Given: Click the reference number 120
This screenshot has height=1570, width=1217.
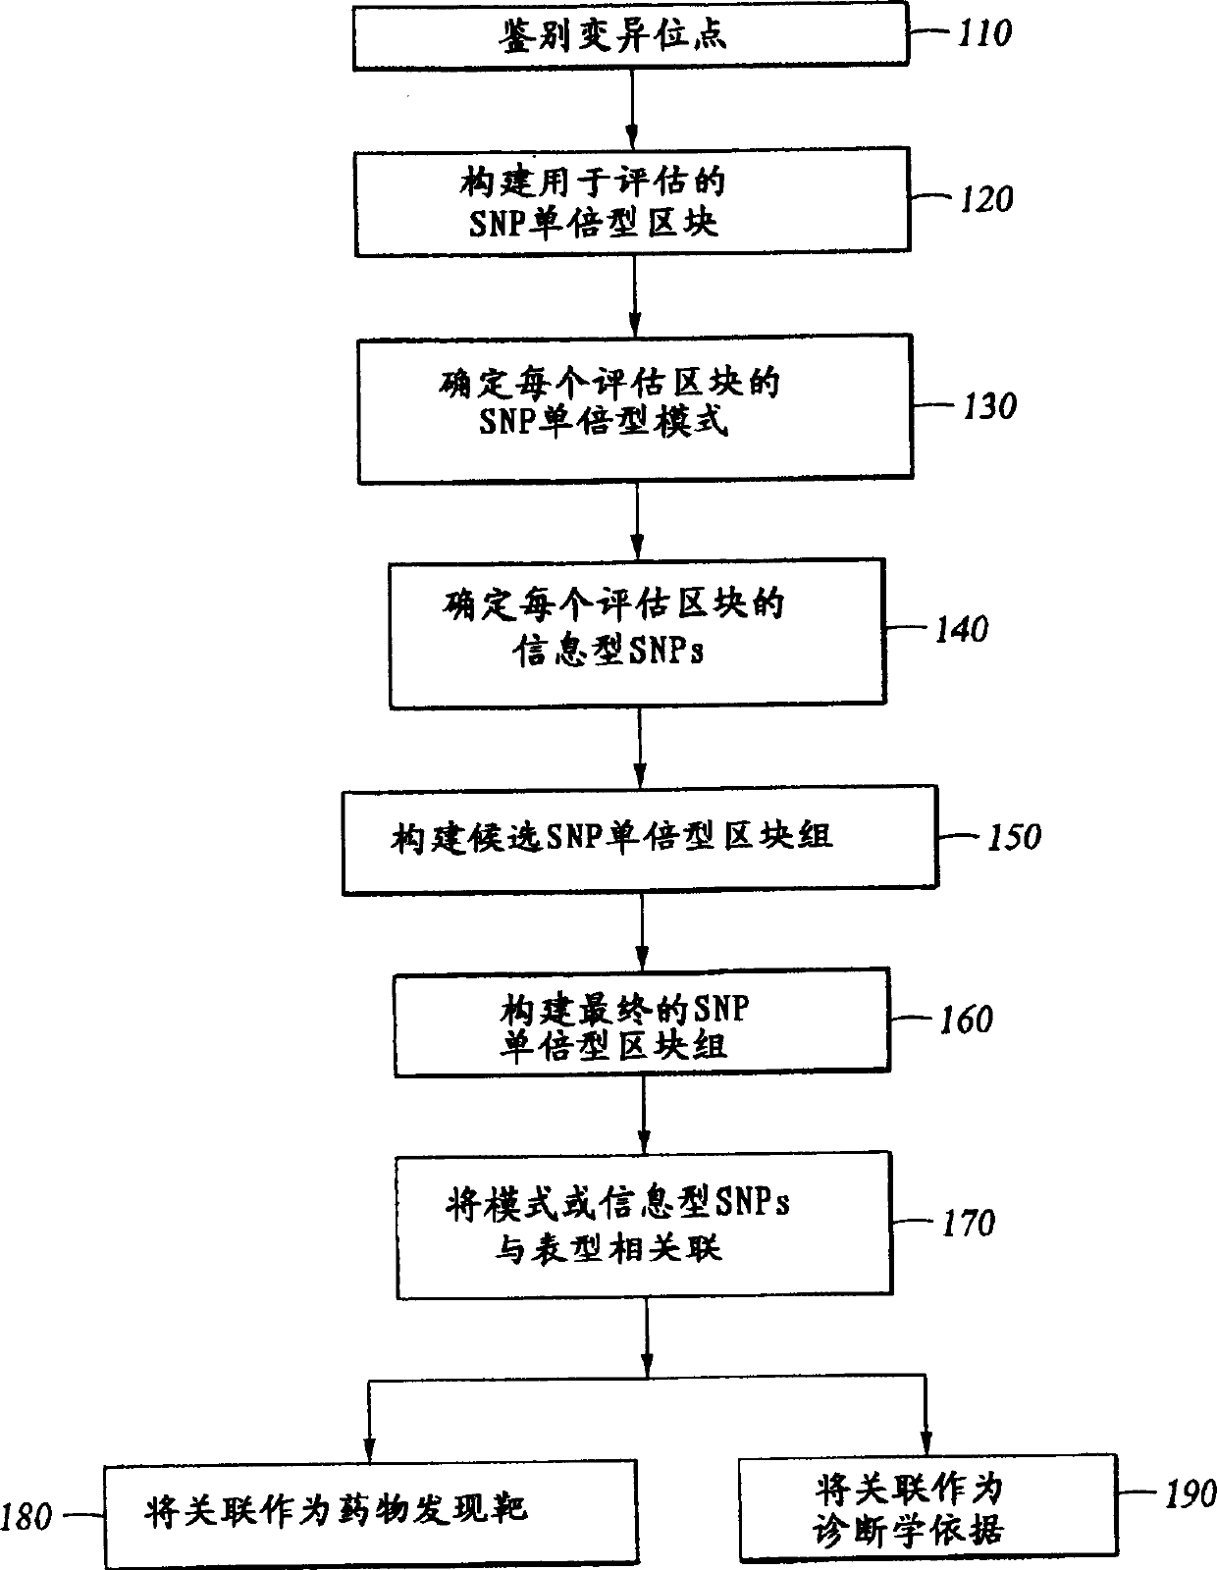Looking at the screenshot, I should [x=984, y=199].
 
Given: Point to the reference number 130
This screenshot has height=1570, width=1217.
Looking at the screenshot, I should [x=987, y=405].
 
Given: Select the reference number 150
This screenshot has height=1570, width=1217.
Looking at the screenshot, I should [x=1012, y=836].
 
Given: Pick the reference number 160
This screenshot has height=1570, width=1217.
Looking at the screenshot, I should [x=966, y=1020].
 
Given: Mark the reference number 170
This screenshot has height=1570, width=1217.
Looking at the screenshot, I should [x=968, y=1223].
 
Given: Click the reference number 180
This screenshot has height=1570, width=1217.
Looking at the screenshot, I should [x=26, y=1517].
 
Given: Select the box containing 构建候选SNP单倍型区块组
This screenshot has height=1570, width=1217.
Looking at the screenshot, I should [x=639, y=842].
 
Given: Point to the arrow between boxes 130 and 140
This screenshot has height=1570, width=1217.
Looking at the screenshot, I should [x=637, y=521].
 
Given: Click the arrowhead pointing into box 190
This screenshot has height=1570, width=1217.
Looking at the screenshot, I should [x=926, y=1442].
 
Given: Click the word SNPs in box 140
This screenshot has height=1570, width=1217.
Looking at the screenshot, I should [x=662, y=651].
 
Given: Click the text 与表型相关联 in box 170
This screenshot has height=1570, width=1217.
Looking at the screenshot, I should [x=608, y=1247].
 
